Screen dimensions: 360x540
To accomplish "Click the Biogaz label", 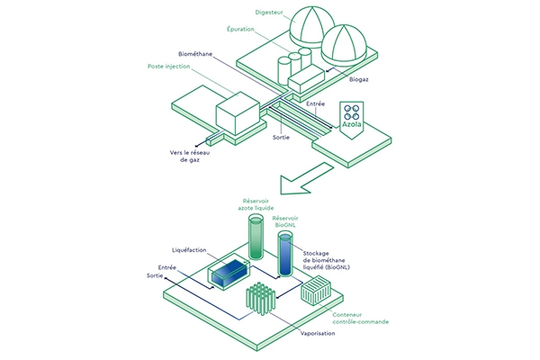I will tap(362, 80).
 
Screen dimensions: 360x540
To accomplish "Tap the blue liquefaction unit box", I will tap(230, 272).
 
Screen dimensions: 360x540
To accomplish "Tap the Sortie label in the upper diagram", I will tap(285, 138).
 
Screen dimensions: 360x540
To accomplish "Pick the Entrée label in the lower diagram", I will tap(166, 267).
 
